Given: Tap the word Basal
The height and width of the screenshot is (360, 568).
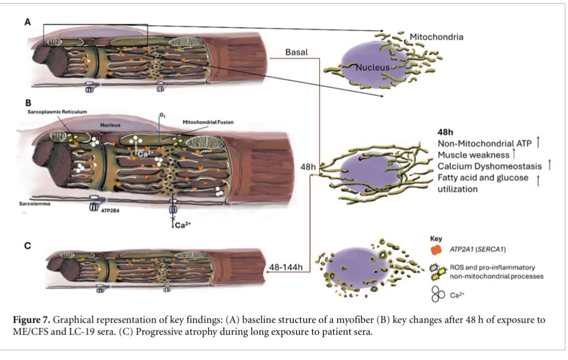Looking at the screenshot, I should point(297,52).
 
